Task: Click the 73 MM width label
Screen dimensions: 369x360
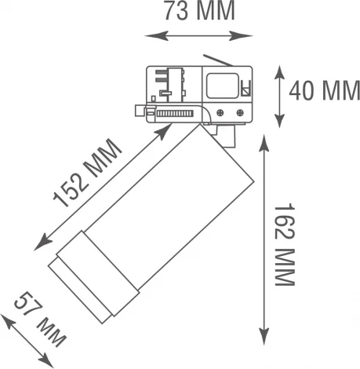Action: click(199, 13)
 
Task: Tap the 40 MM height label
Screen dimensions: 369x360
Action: click(324, 92)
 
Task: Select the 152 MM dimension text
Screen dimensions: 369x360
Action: click(87, 177)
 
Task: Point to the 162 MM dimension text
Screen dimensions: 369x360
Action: click(286, 244)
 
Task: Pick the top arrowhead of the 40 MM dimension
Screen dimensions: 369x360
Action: click(281, 69)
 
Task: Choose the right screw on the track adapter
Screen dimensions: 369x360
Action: click(238, 112)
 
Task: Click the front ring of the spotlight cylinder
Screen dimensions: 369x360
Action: click(78, 286)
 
